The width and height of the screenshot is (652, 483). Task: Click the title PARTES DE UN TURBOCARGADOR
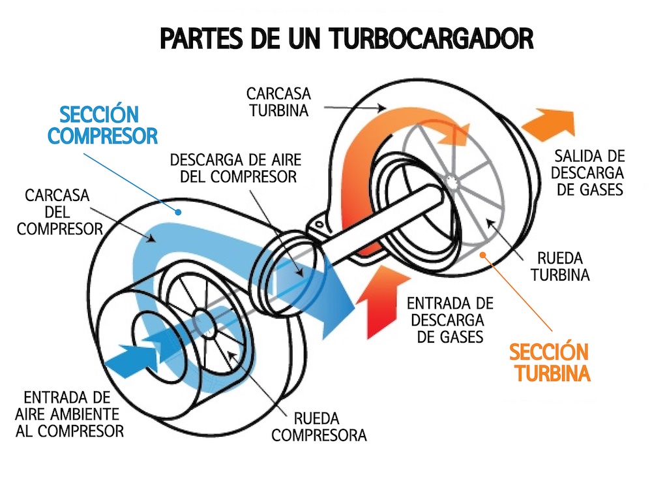click(x=346, y=39)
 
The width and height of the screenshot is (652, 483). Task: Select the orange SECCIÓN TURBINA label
click(x=550, y=363)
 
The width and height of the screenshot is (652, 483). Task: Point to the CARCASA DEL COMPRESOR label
click(x=60, y=212)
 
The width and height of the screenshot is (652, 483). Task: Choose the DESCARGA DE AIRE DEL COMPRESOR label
click(x=233, y=168)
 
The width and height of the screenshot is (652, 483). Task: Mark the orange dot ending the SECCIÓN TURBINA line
click(x=482, y=255)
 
